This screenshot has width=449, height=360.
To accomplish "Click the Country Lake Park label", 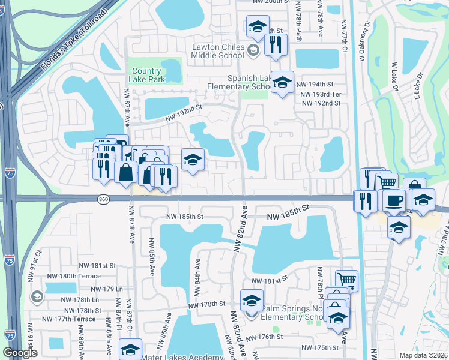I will (x=148, y=75).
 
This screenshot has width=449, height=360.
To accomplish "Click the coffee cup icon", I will (x=394, y=200).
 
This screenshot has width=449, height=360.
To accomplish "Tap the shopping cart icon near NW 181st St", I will (x=346, y=280).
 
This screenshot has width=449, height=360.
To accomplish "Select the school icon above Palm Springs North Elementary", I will (x=252, y=299).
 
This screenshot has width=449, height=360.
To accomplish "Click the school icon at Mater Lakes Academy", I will (x=130, y=349).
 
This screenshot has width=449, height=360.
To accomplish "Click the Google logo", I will (x=20, y=353).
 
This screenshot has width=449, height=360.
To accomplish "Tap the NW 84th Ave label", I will (x=196, y=278).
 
